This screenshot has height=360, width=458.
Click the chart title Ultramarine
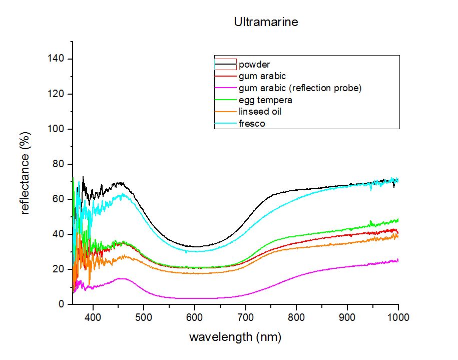coord(266,22)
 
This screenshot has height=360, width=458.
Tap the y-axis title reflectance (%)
coord(25,173)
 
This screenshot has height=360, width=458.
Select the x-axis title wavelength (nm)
coord(235,337)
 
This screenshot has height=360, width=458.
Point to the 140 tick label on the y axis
coord(56,59)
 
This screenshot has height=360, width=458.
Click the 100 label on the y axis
coord(56,129)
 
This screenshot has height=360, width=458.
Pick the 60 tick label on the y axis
coord(59,199)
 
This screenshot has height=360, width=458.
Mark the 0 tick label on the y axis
coord(61,304)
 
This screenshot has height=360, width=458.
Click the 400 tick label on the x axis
coord(93,317)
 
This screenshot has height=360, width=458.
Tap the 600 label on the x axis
coord(195,317)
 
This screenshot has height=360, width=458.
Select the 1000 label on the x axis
coord(398,317)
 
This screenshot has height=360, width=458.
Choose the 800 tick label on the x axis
coord(296,317)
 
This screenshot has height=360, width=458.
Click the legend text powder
coord(254,65)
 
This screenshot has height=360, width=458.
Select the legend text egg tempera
coord(265,100)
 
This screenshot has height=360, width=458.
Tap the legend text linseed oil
coord(260,112)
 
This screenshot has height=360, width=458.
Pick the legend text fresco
coord(252,124)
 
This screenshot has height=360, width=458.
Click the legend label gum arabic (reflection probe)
coord(300,88)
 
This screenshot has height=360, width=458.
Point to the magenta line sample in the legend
coord(225,88)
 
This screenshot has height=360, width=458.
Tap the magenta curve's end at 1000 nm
coord(398,260)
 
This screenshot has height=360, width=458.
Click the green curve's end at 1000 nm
coord(398,220)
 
